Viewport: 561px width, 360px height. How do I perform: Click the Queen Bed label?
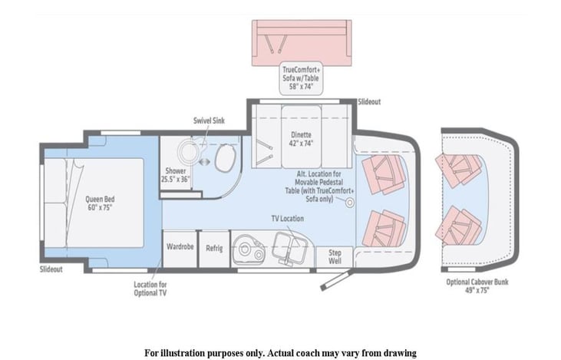coord(100,203)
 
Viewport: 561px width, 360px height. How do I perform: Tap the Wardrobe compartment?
coord(180,249)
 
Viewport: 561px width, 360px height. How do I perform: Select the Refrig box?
coord(214,249)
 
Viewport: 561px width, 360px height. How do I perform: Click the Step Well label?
coord(335,257)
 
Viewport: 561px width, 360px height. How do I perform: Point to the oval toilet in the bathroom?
coord(226,159)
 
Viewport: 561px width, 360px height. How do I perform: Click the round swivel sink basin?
coord(189,151)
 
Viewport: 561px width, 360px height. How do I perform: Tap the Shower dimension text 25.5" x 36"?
coord(175,180)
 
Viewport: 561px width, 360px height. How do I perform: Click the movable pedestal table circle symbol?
coord(349,203)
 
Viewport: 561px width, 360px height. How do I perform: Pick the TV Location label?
coord(287,219)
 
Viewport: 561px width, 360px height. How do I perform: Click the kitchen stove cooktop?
coord(249,249)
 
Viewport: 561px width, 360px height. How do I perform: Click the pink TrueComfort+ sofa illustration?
coord(302,43)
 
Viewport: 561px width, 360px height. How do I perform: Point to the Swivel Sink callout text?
coord(209,121)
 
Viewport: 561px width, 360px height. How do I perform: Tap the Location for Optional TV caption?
coord(150,289)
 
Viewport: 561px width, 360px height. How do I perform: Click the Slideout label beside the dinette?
coord(369,102)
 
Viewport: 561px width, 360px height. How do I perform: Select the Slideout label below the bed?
coord(51,269)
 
